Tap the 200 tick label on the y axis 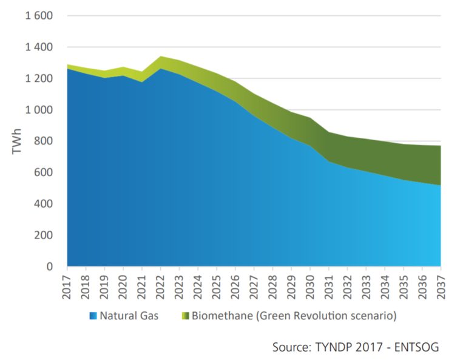tap(44, 235)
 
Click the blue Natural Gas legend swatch tap(92, 316)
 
